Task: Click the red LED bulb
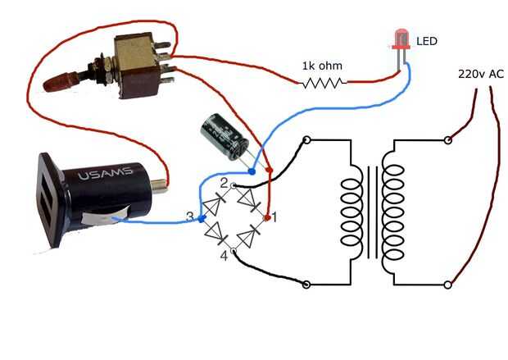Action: pyautogui.click(x=401, y=39)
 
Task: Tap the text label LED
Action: pyautogui.click(x=427, y=41)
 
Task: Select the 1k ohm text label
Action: pyautogui.click(x=322, y=66)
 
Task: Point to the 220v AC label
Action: pyautogui.click(x=481, y=74)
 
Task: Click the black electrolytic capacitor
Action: pyautogui.click(x=225, y=137)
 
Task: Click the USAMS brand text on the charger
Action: pyautogui.click(x=106, y=174)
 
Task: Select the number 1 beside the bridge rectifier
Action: pyautogui.click(x=274, y=217)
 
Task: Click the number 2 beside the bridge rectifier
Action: pyautogui.click(x=225, y=184)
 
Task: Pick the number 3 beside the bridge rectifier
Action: pyautogui.click(x=190, y=216)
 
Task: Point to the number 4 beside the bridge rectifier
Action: pyautogui.click(x=225, y=256)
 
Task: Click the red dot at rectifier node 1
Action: pyautogui.click(x=267, y=217)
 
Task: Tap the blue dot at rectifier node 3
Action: pyautogui.click(x=202, y=219)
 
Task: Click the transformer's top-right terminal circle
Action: pyautogui.click(x=447, y=140)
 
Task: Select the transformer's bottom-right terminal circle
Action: pyautogui.click(x=447, y=285)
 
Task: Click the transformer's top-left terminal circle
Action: pyautogui.click(x=306, y=140)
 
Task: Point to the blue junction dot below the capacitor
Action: pyautogui.click(x=252, y=171)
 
